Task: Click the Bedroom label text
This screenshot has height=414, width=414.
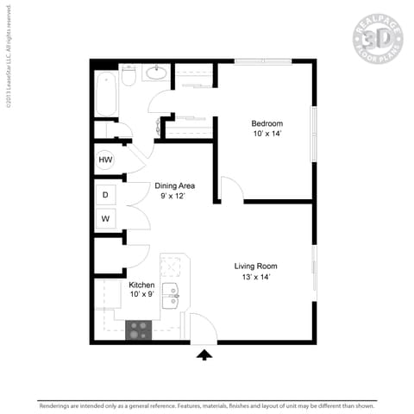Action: click(267, 123)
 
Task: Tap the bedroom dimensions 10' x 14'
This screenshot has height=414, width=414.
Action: click(267, 135)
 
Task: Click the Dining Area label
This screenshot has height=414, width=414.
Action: click(174, 185)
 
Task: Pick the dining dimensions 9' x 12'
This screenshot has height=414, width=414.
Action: click(174, 197)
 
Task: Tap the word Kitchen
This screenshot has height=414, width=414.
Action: click(141, 285)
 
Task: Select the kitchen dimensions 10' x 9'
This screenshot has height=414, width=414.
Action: click(141, 296)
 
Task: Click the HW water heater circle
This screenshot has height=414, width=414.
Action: click(105, 160)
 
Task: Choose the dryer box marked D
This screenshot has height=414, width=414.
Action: click(105, 195)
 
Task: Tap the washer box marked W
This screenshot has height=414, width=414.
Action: click(105, 218)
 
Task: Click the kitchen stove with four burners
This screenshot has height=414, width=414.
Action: click(139, 329)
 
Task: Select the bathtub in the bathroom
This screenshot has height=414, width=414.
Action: click(106, 93)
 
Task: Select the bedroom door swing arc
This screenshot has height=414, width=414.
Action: click(229, 187)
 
